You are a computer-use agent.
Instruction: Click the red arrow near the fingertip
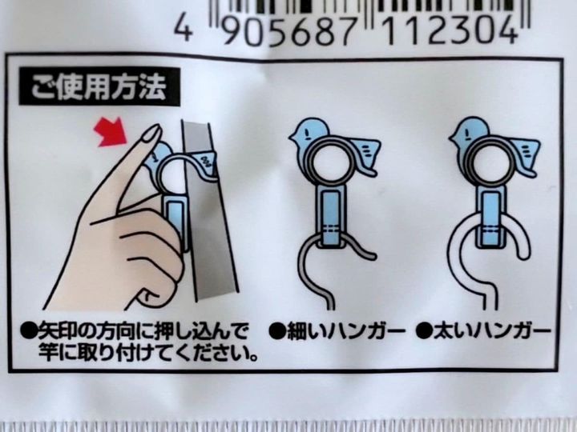coord(112,130)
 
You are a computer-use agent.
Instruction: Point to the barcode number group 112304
coord(450,30)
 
